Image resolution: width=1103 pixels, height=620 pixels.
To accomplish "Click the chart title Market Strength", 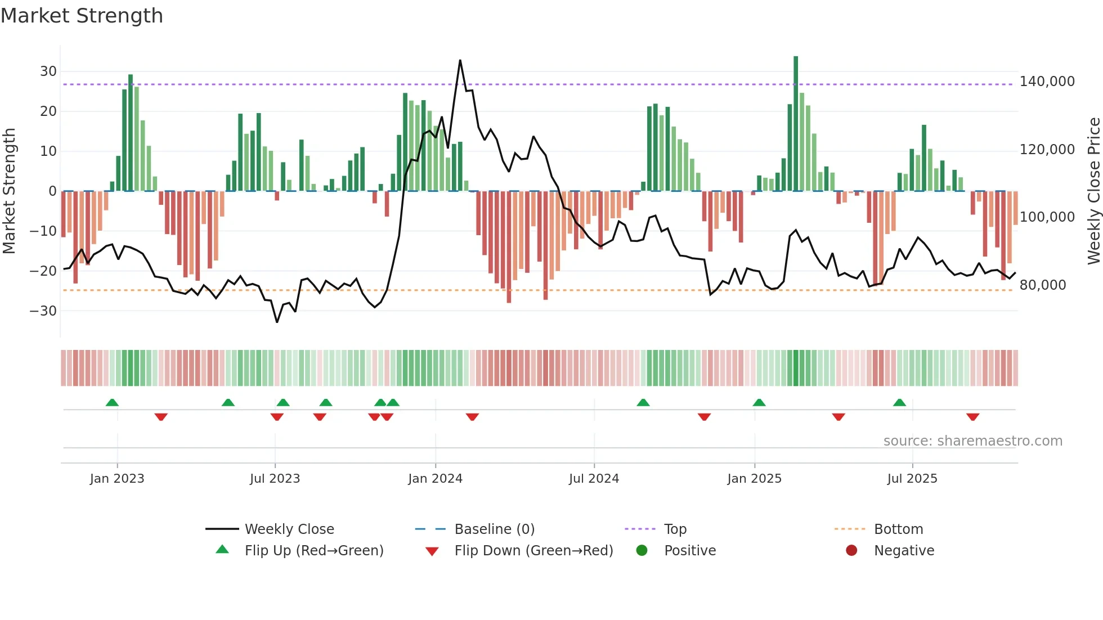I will [82, 16].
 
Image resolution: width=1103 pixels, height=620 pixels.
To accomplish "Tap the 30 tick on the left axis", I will [48, 71].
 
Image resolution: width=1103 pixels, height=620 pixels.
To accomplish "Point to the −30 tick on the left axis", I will [44, 311].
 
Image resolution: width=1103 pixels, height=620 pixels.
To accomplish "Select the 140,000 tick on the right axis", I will [1047, 82].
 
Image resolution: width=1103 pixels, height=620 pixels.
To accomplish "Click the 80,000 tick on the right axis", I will [1043, 285].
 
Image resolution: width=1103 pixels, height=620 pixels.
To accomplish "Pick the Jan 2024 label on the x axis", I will [435, 479].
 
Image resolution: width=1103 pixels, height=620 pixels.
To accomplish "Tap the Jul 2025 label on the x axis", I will [912, 479].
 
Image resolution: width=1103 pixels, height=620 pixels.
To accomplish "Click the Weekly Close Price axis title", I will [1093, 191].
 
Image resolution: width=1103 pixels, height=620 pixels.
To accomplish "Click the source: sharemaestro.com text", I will [972, 441].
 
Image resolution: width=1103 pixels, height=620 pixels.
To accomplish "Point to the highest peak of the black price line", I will [460, 61].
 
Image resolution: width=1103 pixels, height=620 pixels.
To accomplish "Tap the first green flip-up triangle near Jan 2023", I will [112, 402].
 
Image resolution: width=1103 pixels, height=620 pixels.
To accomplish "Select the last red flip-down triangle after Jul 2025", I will [972, 417].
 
